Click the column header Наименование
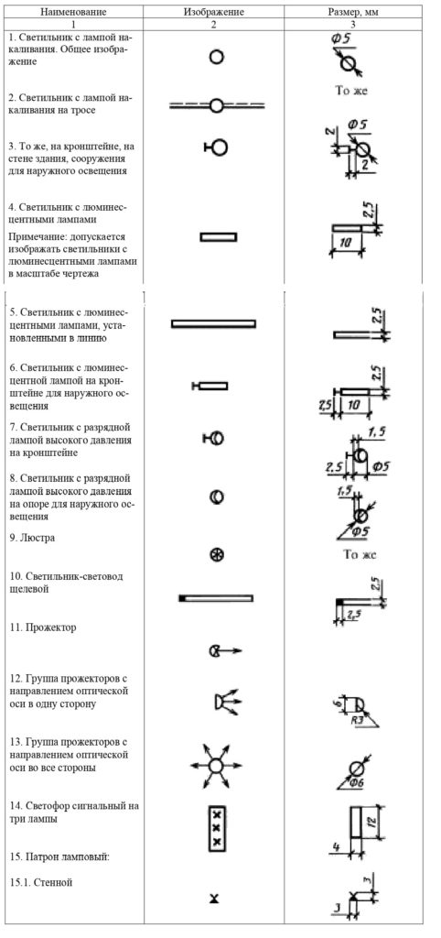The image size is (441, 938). [73, 12]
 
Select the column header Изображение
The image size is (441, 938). [213, 12]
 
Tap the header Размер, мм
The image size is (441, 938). [352, 12]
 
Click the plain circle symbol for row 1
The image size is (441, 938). [216, 58]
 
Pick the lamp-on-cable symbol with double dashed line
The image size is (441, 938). [217, 106]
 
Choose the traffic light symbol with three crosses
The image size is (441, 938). [216, 828]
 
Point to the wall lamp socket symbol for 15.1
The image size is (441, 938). [214, 899]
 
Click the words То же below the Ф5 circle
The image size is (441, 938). [352, 91]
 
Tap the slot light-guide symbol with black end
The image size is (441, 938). [216, 598]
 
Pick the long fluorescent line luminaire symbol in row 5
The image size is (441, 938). [213, 323]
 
